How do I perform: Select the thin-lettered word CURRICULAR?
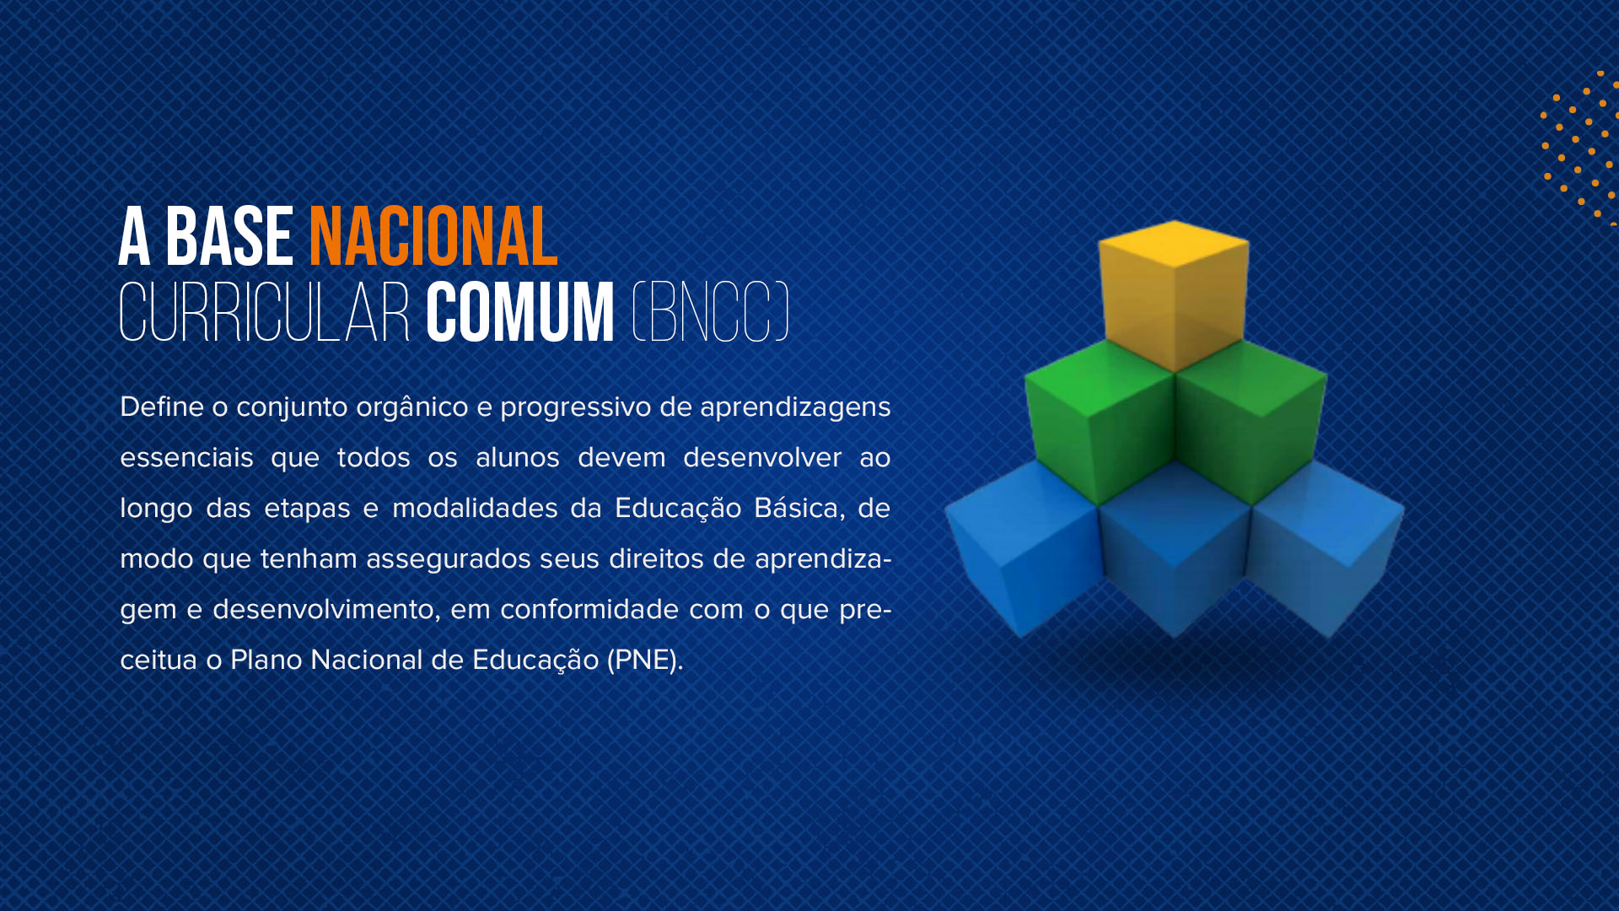[x=264, y=313]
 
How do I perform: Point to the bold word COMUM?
[x=520, y=313]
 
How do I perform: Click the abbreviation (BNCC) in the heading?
[x=711, y=313]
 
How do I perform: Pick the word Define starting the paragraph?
[x=162, y=407]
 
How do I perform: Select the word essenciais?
[x=186, y=457]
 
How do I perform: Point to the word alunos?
[x=518, y=457]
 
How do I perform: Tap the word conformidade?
[x=589, y=609]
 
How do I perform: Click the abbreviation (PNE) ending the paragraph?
[x=643, y=660]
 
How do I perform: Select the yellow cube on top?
[x=1174, y=295]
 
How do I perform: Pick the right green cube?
[x=1251, y=422]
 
